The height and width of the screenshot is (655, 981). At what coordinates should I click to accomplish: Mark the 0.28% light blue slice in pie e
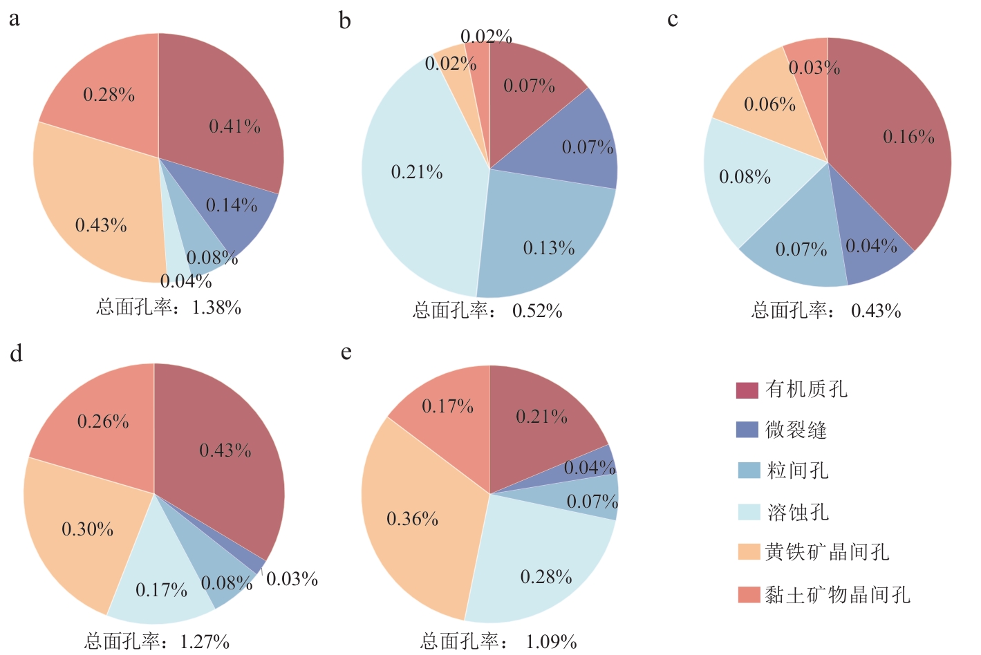(539, 567)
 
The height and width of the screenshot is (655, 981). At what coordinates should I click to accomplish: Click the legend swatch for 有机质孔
(747, 390)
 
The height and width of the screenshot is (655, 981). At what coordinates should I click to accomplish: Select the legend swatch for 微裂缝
(747, 430)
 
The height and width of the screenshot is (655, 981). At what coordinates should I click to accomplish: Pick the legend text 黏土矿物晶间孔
(837, 594)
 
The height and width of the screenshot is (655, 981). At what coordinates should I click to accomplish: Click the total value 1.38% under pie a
(216, 307)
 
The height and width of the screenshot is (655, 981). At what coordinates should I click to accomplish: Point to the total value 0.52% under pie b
(537, 311)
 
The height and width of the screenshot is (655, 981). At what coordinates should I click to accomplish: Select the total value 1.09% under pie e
(551, 642)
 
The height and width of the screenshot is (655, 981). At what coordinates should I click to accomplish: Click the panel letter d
(16, 354)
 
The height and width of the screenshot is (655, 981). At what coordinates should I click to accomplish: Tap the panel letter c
(672, 20)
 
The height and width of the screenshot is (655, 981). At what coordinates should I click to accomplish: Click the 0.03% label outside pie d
(292, 579)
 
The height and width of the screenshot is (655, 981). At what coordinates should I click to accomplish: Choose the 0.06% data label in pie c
(769, 104)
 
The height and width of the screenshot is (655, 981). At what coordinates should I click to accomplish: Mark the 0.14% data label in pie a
(232, 205)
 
